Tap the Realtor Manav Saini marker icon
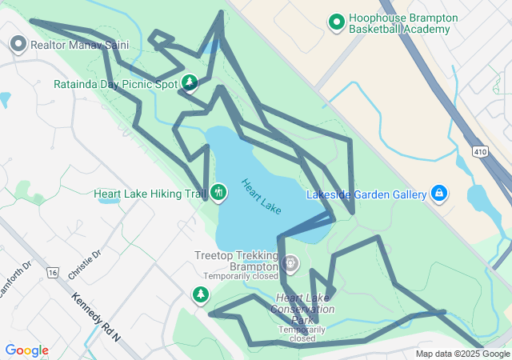(x=18, y=45)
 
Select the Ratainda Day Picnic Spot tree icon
(x=190, y=82)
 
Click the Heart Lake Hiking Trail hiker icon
(x=218, y=193)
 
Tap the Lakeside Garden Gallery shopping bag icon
(x=438, y=194)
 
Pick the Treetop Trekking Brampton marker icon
(x=290, y=262)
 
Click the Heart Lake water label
(x=262, y=195)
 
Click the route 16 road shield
(x=53, y=273)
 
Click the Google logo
(x=26, y=350)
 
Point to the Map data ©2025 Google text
(x=462, y=354)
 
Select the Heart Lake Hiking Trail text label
(x=150, y=194)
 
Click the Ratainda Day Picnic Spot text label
(x=116, y=84)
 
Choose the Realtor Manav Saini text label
(x=79, y=45)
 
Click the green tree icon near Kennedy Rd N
(x=200, y=296)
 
